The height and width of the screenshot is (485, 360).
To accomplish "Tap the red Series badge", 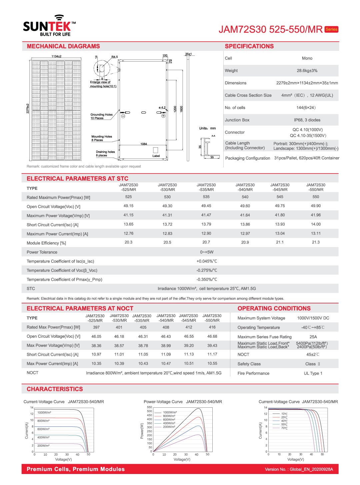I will click(x=331, y=29).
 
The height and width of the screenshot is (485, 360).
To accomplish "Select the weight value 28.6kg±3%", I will click(x=307, y=71).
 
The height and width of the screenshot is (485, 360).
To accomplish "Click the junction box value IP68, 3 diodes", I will click(x=307, y=120).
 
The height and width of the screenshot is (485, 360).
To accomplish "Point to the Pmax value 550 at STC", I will click(x=316, y=197).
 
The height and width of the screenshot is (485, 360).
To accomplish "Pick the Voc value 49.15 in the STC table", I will click(x=128, y=206).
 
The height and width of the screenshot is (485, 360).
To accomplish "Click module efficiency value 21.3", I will click(x=316, y=242).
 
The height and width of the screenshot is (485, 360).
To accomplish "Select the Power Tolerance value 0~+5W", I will click(x=207, y=252).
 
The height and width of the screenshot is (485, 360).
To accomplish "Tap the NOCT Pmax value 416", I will click(x=212, y=327).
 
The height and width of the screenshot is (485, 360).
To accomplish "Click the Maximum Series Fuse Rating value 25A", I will click(x=313, y=337).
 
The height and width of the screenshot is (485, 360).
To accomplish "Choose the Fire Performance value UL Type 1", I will click(x=313, y=373).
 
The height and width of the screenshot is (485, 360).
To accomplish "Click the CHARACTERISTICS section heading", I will click(x=55, y=389).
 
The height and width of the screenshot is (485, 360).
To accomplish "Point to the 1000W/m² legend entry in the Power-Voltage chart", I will click(x=170, y=412).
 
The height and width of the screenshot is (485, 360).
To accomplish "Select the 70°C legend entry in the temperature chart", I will click(x=284, y=428).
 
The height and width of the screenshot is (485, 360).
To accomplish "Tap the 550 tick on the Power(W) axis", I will click(x=149, y=407).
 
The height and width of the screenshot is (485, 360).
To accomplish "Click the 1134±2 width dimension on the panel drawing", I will click(x=56, y=56).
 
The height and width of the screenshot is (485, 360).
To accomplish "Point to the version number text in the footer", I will click(x=299, y=469).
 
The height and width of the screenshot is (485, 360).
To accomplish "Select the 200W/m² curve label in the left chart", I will click(x=43, y=445).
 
